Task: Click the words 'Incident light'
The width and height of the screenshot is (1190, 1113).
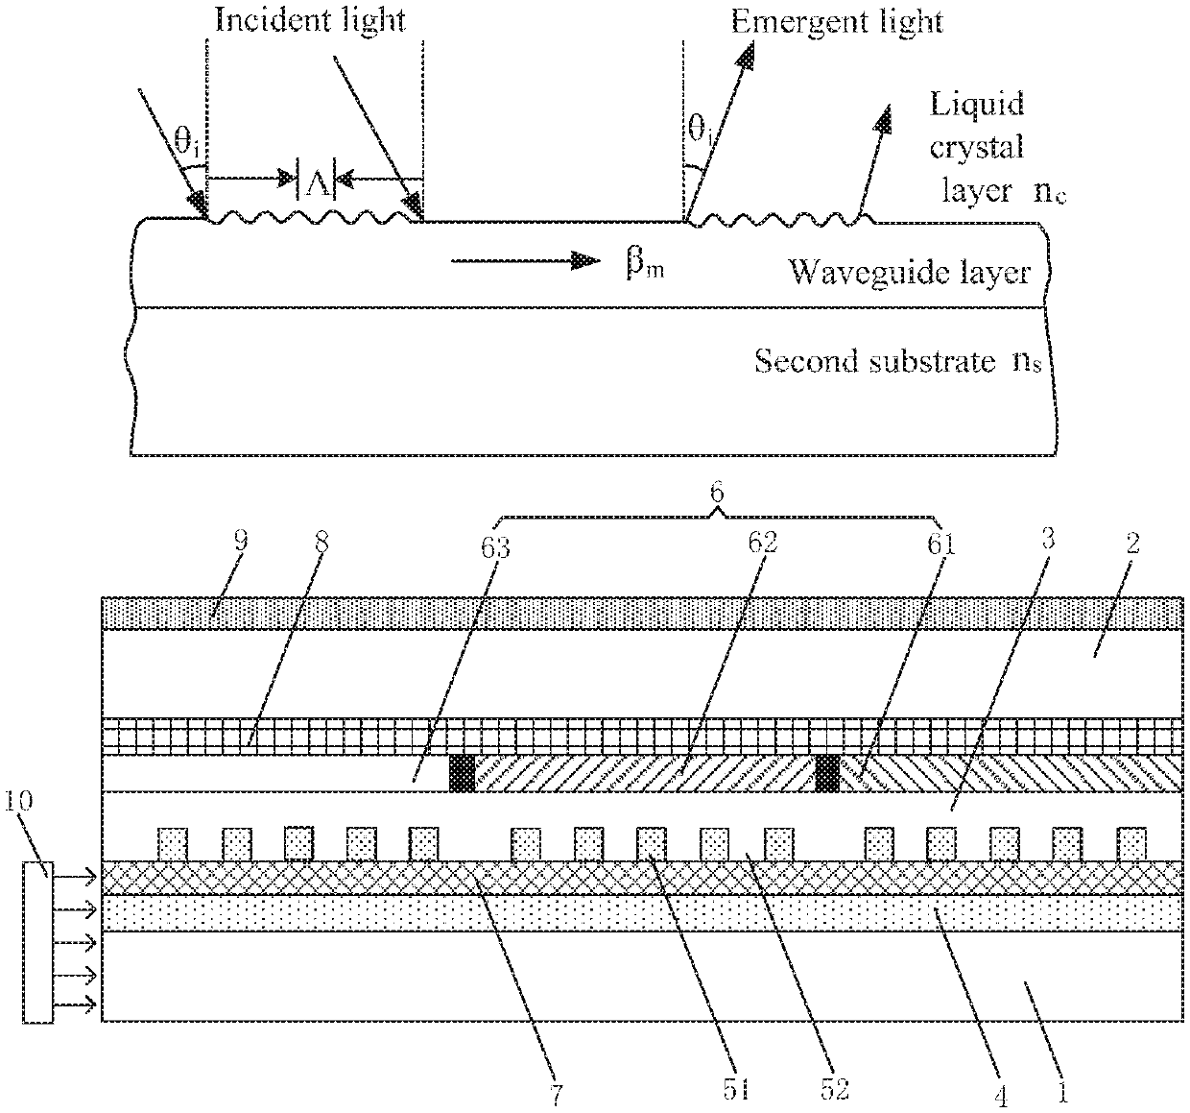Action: (x=310, y=20)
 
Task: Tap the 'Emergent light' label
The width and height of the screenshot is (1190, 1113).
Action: (x=837, y=22)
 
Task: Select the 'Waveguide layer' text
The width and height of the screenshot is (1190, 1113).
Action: (x=909, y=273)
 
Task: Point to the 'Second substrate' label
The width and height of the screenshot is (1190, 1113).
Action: (x=874, y=362)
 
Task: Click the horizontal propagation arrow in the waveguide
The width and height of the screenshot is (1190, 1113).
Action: (x=526, y=261)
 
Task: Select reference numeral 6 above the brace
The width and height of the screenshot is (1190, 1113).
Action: (x=717, y=493)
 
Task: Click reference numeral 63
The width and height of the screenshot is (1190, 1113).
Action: (x=495, y=547)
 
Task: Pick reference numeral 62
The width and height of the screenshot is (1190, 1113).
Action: (x=763, y=543)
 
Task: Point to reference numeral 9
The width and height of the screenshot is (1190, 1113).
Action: (x=240, y=541)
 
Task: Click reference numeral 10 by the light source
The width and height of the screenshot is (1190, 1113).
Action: (x=17, y=802)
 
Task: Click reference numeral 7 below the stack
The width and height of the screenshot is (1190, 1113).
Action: (x=557, y=1094)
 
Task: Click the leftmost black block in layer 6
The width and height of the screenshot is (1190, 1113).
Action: (x=462, y=774)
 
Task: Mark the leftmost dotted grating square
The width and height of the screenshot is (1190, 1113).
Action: (x=173, y=844)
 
